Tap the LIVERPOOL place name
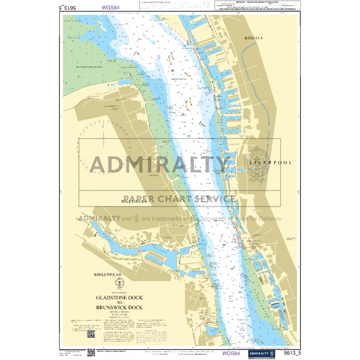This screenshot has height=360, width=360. tap(271, 163)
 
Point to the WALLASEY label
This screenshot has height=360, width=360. tap(134, 202)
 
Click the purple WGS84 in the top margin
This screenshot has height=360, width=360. tap(111, 8)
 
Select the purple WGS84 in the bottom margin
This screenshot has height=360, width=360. tap(230, 353)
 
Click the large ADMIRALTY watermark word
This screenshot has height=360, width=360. tap(159, 164)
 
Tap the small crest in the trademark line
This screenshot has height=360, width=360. tap(136, 219)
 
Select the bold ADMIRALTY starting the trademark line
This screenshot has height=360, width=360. tap(99, 219)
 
